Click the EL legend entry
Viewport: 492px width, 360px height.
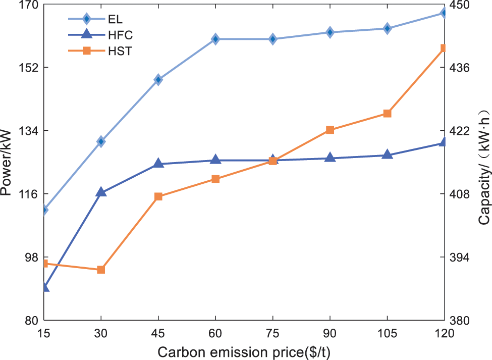point(101,19)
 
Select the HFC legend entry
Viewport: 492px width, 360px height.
point(101,35)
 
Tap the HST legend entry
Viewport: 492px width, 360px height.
point(101,50)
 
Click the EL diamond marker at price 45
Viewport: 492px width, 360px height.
point(158,79)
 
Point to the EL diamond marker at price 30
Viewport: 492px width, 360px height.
point(101,141)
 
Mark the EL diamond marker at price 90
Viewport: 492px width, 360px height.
point(330,32)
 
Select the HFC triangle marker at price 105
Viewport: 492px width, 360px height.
point(387,155)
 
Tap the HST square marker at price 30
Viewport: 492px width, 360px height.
point(101,270)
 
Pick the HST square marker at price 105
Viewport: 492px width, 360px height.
point(387,114)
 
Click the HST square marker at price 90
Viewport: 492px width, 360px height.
point(330,130)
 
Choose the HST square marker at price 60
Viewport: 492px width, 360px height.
point(215,179)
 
